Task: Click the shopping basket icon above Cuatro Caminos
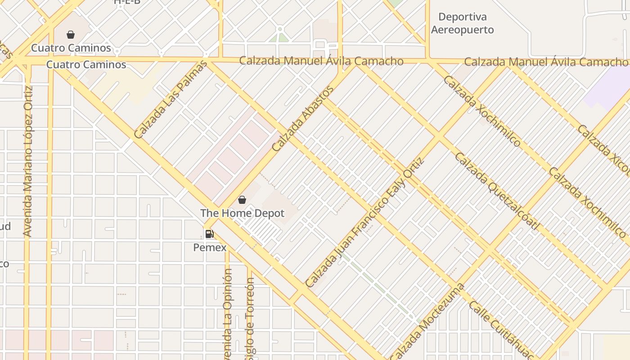[71, 35]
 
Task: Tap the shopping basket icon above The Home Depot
[242, 200]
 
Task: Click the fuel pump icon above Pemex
[209, 234]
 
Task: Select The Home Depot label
[242, 213]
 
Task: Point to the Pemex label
[210, 247]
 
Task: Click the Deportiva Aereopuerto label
[462, 23]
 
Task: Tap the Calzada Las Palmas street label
[171, 100]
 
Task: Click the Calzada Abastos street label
[303, 118]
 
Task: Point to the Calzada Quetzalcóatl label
[496, 191]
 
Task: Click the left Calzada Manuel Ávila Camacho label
[321, 61]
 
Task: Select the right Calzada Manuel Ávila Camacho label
[545, 62]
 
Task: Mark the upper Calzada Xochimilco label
[482, 111]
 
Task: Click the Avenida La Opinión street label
[228, 315]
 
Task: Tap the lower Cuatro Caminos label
[86, 65]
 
